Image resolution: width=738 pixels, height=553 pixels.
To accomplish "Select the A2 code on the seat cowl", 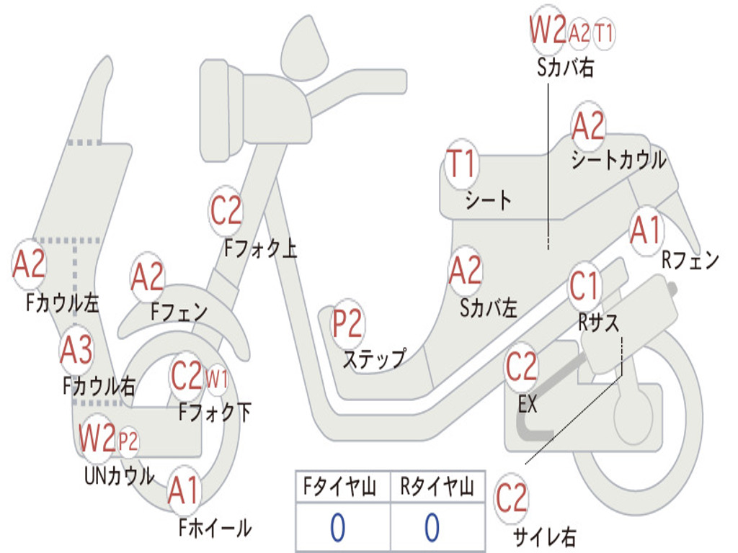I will point(588,127).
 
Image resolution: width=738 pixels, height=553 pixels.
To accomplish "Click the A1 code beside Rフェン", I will point(645,230).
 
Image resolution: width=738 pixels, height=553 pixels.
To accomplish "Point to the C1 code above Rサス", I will point(584,287).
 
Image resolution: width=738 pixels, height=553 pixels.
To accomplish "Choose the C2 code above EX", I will point(521,368).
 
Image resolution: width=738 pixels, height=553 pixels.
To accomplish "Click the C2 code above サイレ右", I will point(512,499).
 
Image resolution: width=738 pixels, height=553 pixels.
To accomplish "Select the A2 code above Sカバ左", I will point(465,271).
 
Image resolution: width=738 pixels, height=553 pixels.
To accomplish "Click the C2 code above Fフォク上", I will point(226,211).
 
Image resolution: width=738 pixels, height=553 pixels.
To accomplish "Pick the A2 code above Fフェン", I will point(147,278).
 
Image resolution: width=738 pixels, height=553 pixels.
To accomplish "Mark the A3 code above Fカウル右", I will point(76,351).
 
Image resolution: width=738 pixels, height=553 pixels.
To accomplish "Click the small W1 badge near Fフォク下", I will point(217,377).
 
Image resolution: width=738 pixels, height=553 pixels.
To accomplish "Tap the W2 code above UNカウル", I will point(97,438).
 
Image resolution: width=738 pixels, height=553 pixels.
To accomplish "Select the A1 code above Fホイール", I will point(184,493).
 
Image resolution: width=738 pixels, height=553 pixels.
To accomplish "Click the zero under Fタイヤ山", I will point(337,528).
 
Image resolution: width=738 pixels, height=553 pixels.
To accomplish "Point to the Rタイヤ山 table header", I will point(437,488).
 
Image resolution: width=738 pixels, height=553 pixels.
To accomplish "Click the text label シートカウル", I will point(618,161).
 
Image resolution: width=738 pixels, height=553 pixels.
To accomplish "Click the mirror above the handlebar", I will point(306,48).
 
